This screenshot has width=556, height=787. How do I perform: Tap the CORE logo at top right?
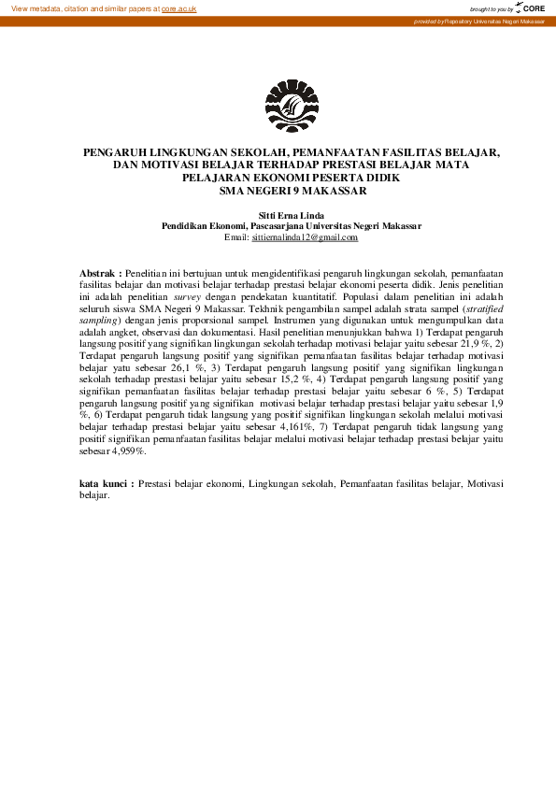click(x=534, y=7)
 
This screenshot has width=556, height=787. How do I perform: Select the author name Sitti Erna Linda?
click(x=291, y=215)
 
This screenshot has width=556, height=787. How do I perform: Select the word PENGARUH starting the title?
click(x=114, y=150)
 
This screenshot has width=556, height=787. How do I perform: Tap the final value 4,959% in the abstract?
click(x=126, y=451)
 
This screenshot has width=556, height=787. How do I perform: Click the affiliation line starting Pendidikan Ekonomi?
click(x=292, y=226)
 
